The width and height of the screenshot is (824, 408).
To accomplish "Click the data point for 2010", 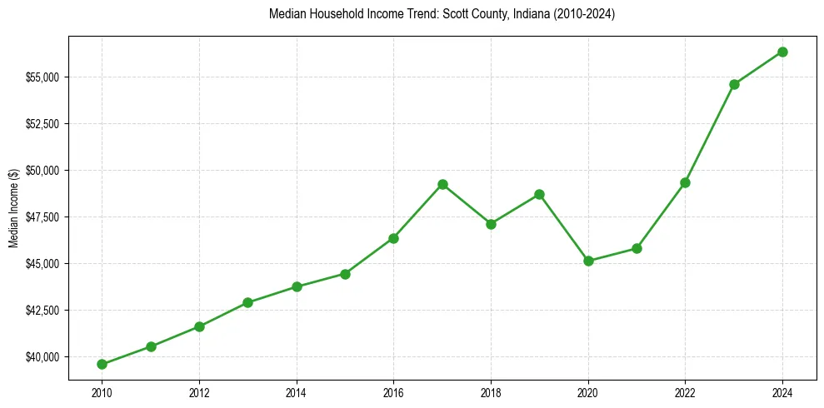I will click(102, 364).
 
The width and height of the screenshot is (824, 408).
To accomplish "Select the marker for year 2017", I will click(442, 184).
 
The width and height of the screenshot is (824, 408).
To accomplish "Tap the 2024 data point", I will click(782, 52).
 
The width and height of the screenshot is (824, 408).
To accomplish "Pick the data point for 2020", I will click(588, 261).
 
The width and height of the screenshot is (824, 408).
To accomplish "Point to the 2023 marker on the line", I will click(734, 84).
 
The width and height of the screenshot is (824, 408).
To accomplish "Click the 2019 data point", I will click(539, 194).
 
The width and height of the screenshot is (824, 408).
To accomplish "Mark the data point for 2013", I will click(247, 302).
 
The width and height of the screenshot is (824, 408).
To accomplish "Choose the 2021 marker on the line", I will click(637, 248).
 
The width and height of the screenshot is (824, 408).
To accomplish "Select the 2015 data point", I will click(345, 274).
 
